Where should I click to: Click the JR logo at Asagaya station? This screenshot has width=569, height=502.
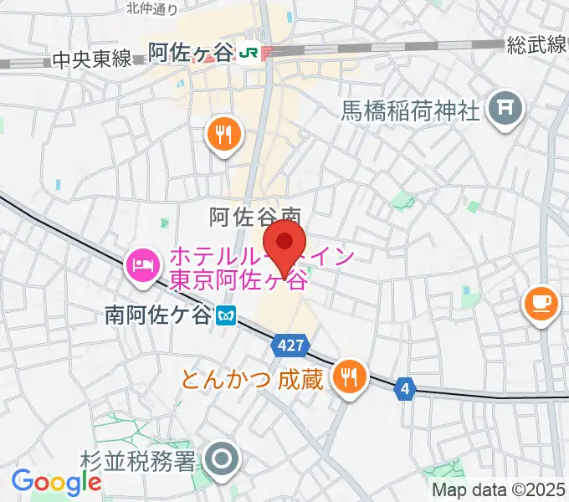coord(248,52)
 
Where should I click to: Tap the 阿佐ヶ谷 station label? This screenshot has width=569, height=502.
coord(190,53)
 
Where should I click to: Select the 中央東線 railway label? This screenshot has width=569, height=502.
coord(92,59)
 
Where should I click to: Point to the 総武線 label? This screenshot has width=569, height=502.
coord(537,46)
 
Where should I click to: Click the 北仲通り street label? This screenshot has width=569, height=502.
coord(152,9)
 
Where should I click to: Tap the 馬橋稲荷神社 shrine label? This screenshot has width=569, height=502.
coord(409,110)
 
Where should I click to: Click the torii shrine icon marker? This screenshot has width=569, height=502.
coord(505,108)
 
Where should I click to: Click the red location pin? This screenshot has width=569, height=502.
coord(289,243)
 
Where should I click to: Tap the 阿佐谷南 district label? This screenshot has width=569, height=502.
coord(254,217)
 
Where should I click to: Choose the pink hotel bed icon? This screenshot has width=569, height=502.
coord(140,266)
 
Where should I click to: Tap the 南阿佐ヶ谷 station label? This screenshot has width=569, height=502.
coord(158,315)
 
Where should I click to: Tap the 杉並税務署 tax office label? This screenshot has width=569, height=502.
coord(139,459)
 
